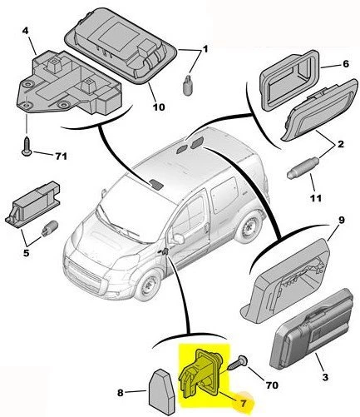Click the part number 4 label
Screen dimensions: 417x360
25,31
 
